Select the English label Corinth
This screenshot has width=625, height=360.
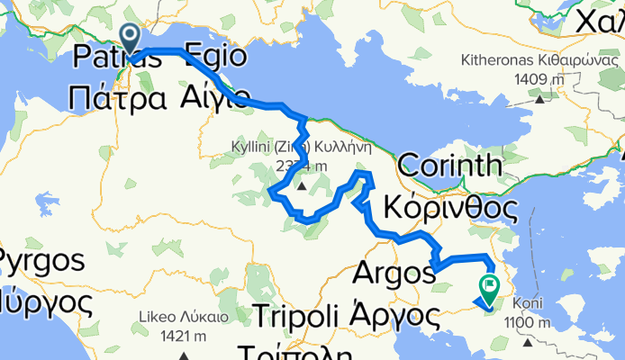448,166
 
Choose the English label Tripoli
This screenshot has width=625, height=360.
294,316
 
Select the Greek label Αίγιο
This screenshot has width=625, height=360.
214,95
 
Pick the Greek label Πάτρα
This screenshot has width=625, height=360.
116,97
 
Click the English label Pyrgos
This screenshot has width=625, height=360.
43,262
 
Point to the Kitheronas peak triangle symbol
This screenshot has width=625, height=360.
539,98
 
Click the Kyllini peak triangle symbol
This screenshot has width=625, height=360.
302,186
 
